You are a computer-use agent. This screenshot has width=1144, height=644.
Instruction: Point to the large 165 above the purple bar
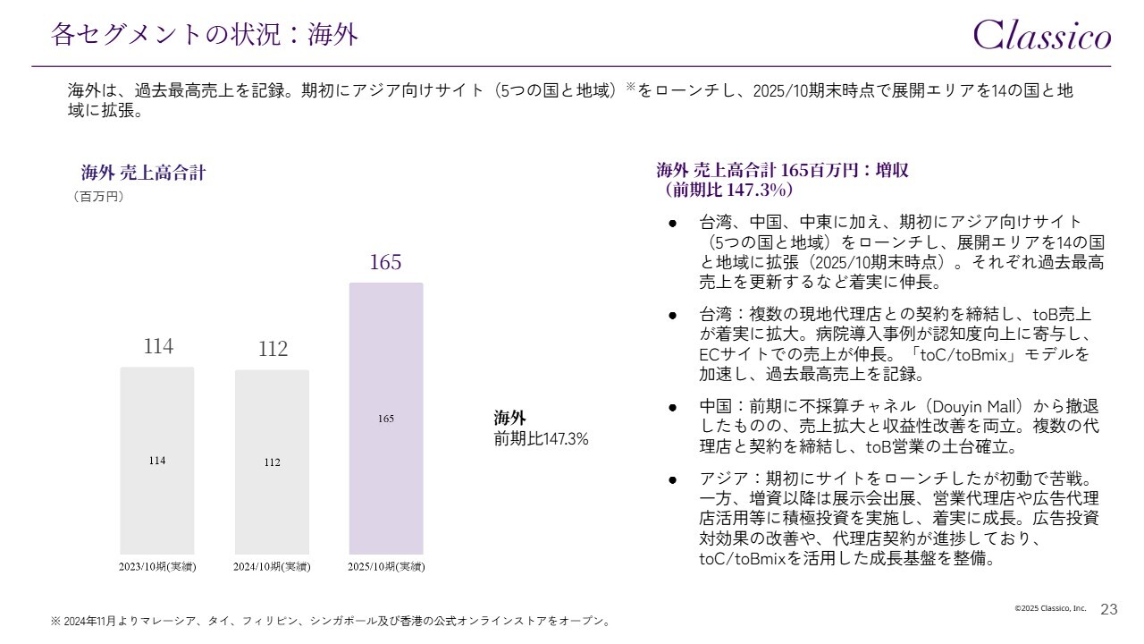click(385, 262)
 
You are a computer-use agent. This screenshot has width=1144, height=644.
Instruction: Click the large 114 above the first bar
click(158, 346)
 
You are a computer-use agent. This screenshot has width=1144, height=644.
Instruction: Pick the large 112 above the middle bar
click(273, 349)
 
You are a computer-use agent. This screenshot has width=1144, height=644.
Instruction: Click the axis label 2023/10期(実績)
click(157, 567)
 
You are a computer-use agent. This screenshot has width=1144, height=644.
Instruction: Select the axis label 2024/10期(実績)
click(272, 567)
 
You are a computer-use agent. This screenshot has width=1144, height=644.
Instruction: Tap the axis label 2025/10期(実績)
click(386, 567)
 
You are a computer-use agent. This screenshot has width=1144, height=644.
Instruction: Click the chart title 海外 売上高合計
click(143, 173)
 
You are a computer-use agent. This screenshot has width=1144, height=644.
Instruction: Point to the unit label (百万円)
click(98, 197)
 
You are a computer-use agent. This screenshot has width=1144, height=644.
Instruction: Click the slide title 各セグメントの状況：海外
click(205, 35)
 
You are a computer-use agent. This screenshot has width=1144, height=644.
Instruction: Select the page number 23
click(1109, 609)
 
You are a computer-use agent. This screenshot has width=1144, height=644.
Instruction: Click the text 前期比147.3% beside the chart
click(541, 439)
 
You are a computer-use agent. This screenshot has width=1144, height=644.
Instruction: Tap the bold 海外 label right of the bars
click(510, 418)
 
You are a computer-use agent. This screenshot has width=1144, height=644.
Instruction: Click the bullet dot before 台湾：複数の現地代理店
click(672, 316)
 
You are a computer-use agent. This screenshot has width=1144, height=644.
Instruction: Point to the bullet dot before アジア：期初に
click(672, 479)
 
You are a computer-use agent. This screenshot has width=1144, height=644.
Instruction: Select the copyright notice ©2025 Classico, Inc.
click(1050, 608)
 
